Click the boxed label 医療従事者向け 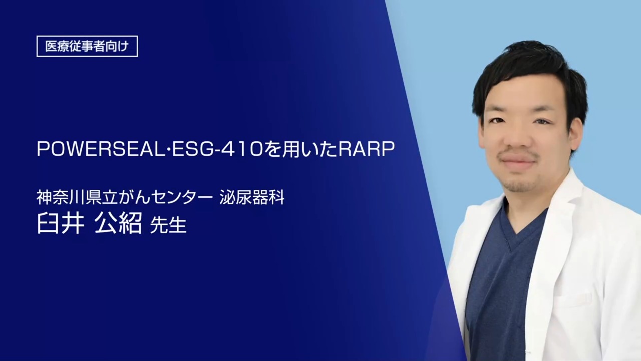click(87, 46)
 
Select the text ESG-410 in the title click(217, 149)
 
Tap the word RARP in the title click(366, 149)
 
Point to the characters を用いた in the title click(300, 149)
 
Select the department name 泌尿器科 click(252, 198)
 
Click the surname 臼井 click(61, 223)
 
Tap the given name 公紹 click(118, 223)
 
